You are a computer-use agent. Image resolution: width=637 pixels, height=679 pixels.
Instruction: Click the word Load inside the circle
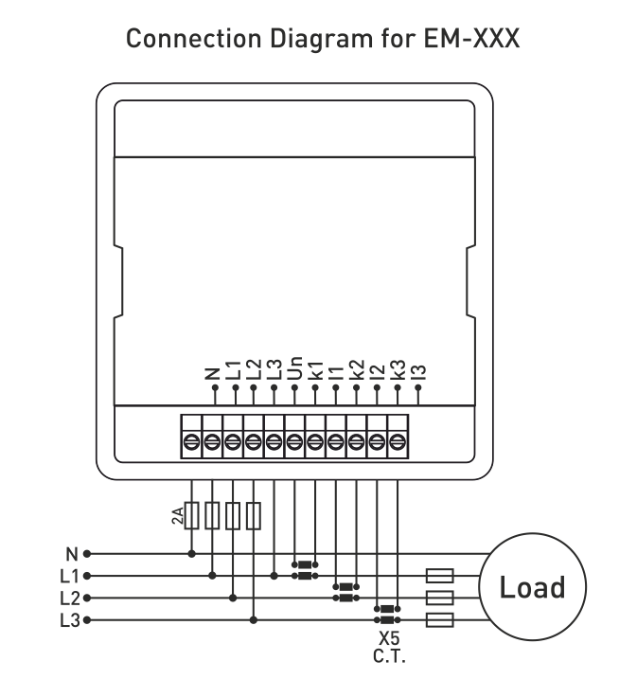532,587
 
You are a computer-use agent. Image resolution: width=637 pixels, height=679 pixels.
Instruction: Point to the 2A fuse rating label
177,515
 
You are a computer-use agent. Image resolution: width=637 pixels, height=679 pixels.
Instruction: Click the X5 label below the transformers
389,638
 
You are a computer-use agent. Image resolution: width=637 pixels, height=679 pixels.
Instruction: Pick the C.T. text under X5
389,654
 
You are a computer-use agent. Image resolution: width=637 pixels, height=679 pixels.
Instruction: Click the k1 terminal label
316,366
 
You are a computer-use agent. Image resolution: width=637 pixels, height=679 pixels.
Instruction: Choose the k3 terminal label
398,366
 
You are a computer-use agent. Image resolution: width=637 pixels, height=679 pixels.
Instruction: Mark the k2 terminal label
357,366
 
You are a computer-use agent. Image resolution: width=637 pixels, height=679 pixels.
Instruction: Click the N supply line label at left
71,553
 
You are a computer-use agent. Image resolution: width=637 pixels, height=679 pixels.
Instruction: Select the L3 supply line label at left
68,621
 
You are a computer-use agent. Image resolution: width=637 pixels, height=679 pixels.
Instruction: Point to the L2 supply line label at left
68,599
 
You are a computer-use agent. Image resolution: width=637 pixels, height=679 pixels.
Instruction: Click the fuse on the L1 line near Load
441,576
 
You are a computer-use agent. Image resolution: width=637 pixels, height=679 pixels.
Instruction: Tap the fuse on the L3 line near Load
441,621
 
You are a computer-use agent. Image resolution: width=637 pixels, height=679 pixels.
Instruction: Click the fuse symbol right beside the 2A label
192,516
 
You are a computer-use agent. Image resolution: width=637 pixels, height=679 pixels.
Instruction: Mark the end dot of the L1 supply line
87,576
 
